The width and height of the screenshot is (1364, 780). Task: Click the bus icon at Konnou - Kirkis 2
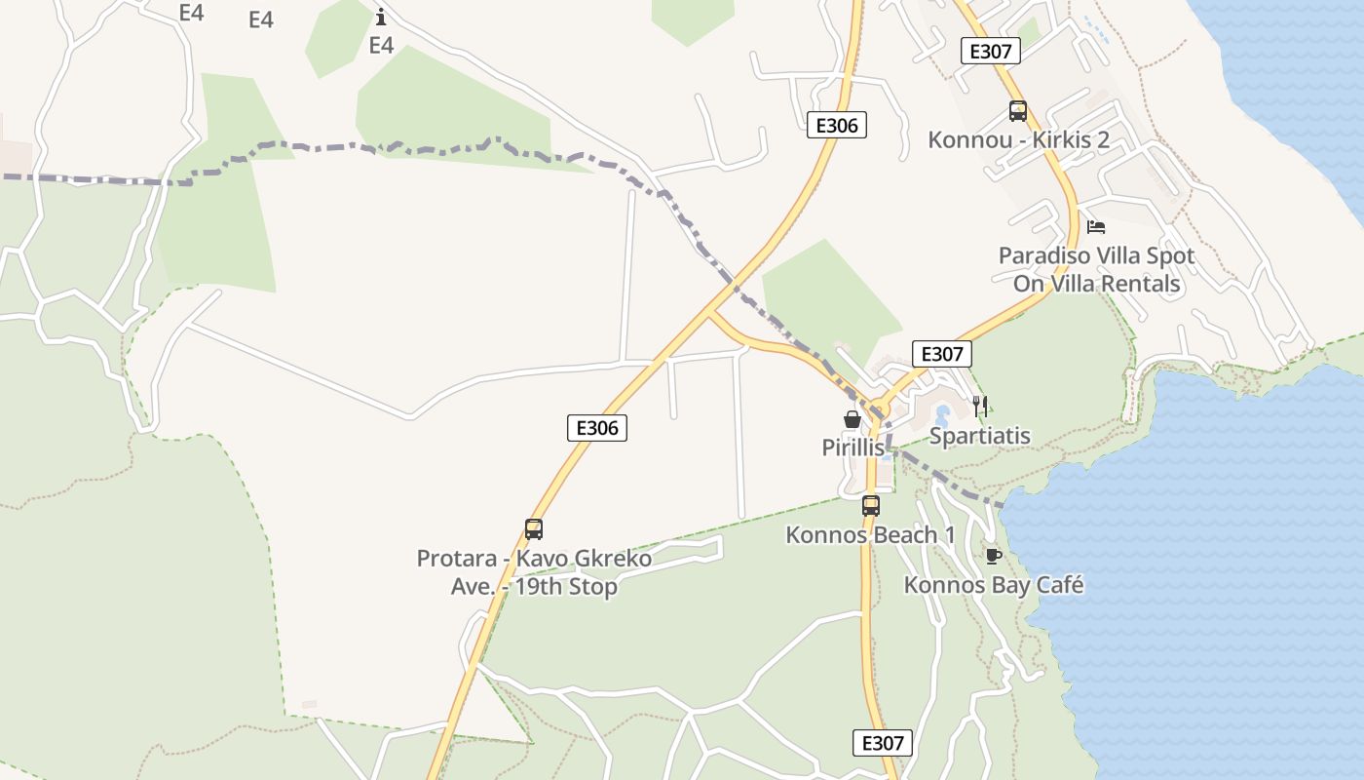coord(1018,111)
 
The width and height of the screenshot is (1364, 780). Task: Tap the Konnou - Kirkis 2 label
coord(1018,139)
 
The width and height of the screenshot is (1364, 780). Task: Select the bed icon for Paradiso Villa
coord(1096,227)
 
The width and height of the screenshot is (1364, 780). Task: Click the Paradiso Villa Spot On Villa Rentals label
coord(1096,270)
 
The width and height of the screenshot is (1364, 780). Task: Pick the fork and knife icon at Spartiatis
coord(980,407)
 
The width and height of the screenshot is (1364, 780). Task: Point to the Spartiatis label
coord(979,436)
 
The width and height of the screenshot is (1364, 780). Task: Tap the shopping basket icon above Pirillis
coord(852,419)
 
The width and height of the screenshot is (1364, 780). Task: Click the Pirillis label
coord(853,448)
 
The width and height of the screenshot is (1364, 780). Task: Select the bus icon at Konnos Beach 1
coord(871,506)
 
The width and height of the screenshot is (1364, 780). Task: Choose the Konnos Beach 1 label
coord(870,535)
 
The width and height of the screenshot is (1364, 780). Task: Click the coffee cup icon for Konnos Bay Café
coord(993,556)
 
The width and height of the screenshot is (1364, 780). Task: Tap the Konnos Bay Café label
coord(994,585)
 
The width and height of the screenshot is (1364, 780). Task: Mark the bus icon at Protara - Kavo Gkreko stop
coord(534,529)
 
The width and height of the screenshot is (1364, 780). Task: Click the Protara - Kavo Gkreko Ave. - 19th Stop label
coord(534,573)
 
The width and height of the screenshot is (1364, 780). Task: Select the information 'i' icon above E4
coord(381,17)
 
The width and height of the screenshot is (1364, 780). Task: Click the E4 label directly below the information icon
coord(381,45)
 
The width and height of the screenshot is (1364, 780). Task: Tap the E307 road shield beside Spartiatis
coord(942,354)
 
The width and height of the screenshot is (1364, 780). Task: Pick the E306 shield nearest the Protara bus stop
coord(597,427)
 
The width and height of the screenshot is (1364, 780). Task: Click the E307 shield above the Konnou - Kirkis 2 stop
coord(991,51)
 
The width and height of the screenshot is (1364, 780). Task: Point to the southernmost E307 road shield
coord(884,742)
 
